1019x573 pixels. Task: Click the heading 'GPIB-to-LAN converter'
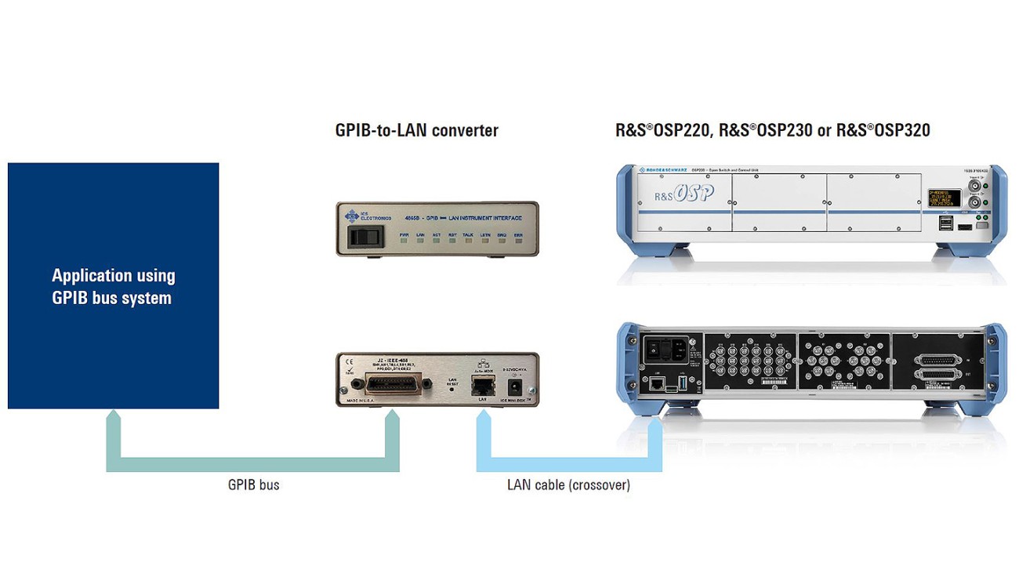click(x=416, y=130)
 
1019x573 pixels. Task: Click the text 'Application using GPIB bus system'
click(x=113, y=286)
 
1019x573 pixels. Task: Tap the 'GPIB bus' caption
click(x=253, y=485)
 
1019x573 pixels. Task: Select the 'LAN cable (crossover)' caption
click(x=568, y=485)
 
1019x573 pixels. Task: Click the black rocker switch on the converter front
click(x=363, y=236)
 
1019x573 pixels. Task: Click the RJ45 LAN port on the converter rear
click(x=482, y=386)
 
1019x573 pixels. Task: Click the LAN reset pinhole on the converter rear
click(x=452, y=389)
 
